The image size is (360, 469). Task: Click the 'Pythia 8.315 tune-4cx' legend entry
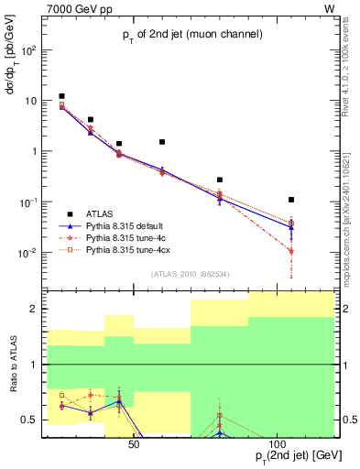click(146, 249)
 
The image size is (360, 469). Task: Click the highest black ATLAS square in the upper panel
click(61, 96)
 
